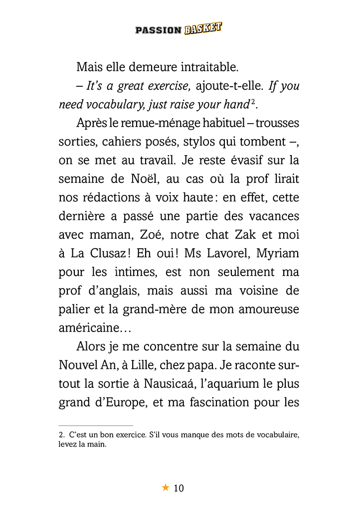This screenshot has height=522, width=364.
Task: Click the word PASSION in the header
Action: pyautogui.click(x=158, y=30)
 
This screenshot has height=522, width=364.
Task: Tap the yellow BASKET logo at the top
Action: pyautogui.click(x=202, y=28)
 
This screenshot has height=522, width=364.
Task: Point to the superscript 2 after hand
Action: pyautogui.click(x=253, y=102)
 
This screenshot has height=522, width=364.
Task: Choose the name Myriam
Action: pyautogui.click(x=278, y=253)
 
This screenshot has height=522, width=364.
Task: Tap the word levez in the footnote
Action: pyautogui.click(x=67, y=444)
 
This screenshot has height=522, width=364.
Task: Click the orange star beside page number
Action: pyautogui.click(x=166, y=488)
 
